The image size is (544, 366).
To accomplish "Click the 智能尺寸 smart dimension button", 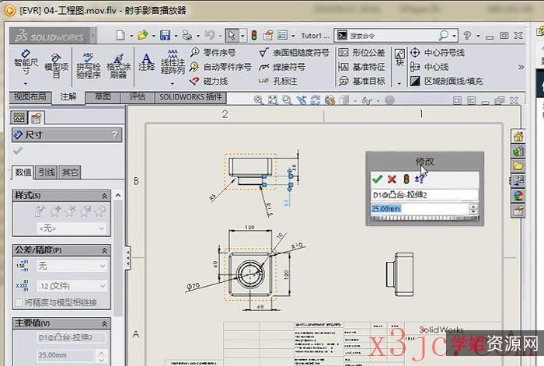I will (26, 65).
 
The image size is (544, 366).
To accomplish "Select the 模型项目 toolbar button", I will (56, 65).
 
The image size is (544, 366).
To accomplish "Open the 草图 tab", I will (103, 97).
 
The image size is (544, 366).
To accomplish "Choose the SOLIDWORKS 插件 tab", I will (190, 97).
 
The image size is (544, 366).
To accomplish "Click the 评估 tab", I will (137, 97).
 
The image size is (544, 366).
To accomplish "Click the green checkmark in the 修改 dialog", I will (377, 179).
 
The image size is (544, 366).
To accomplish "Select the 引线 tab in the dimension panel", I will (47, 173).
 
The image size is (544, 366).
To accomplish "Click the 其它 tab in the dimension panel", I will (70, 173).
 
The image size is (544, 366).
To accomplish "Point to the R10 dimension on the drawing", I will (297, 246).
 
